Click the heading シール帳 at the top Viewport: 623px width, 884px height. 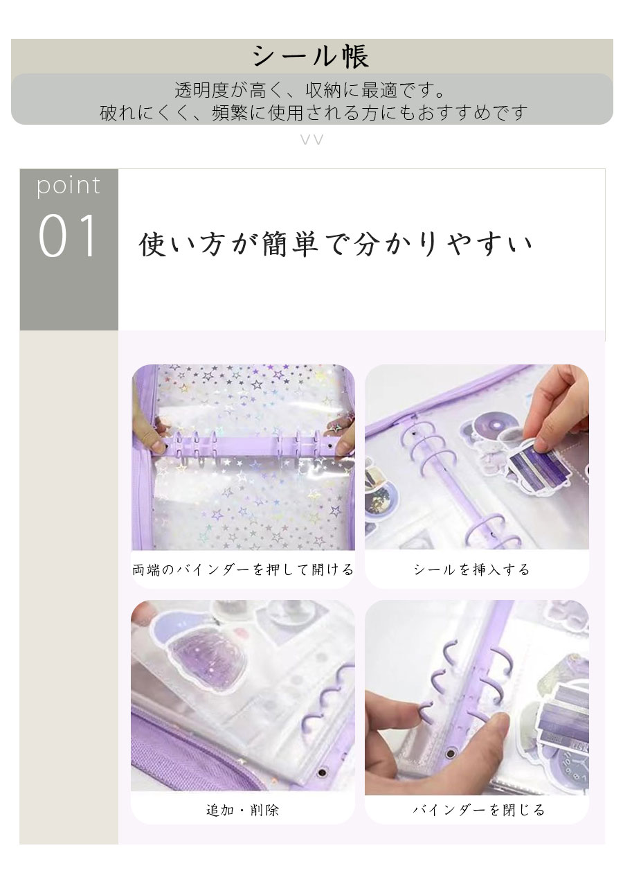(x=311, y=56)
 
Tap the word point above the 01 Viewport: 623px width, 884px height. (x=69, y=186)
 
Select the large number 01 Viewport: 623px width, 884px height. (x=67, y=236)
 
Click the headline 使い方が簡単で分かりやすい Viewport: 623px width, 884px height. (x=335, y=245)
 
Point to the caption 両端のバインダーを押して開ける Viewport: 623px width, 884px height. (x=243, y=569)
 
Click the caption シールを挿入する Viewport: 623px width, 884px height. (x=471, y=569)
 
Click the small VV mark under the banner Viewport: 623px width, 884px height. (x=312, y=139)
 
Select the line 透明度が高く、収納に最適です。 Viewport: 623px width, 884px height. (x=310, y=90)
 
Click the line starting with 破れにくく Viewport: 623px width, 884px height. (x=314, y=112)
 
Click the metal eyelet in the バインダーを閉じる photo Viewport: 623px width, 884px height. (x=449, y=753)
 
